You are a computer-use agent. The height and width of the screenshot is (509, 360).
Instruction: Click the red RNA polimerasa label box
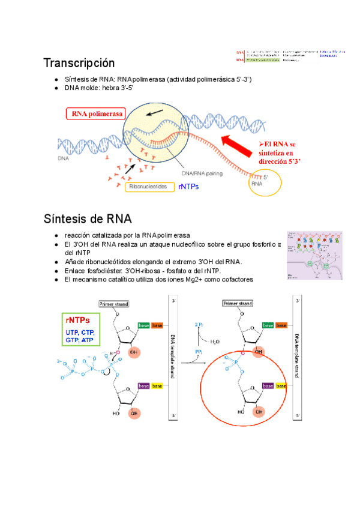(97, 113)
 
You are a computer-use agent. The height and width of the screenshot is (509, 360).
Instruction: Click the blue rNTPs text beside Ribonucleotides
(188, 187)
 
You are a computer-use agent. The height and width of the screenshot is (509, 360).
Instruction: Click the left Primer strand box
(114, 304)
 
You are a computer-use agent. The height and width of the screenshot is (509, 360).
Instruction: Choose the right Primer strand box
(239, 304)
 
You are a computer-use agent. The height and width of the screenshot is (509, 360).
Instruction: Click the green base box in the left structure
(143, 325)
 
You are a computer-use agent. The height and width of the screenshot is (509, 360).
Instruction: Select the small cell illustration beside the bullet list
(314, 254)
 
